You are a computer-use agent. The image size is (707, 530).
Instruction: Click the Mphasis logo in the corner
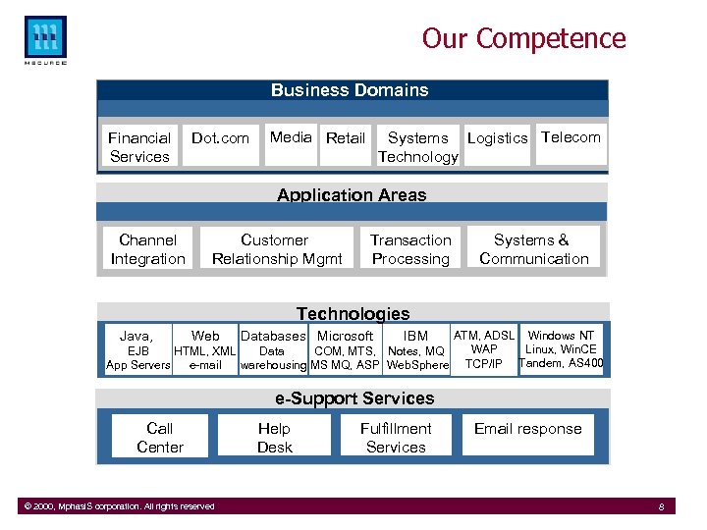click(45, 39)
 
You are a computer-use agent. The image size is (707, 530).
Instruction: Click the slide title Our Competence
click(523, 38)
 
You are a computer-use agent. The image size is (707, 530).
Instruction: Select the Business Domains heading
click(350, 90)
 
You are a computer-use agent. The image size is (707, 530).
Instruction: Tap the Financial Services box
click(139, 147)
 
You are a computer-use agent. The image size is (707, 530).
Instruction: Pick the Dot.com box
click(220, 138)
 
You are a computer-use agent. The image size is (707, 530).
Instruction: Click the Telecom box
click(571, 137)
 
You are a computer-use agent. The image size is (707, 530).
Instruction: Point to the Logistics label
click(497, 138)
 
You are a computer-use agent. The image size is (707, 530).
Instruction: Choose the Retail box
click(345, 138)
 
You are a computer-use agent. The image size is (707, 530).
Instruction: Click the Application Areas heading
click(352, 194)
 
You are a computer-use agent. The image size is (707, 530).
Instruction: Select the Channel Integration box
click(147, 249)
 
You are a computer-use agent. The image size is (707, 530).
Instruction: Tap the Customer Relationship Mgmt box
click(276, 249)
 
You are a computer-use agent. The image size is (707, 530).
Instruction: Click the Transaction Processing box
click(410, 249)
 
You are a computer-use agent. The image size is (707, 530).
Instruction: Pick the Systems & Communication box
click(533, 249)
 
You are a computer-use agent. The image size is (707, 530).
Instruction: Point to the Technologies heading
click(353, 313)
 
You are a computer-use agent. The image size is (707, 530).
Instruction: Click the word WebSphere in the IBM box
click(417, 366)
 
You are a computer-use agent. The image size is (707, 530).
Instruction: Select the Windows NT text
click(561, 336)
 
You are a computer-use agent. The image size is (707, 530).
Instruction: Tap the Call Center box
click(160, 438)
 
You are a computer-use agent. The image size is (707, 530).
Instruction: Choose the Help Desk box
click(274, 438)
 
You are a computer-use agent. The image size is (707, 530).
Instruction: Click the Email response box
click(527, 429)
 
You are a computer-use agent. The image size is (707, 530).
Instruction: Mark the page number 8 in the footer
click(662, 506)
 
